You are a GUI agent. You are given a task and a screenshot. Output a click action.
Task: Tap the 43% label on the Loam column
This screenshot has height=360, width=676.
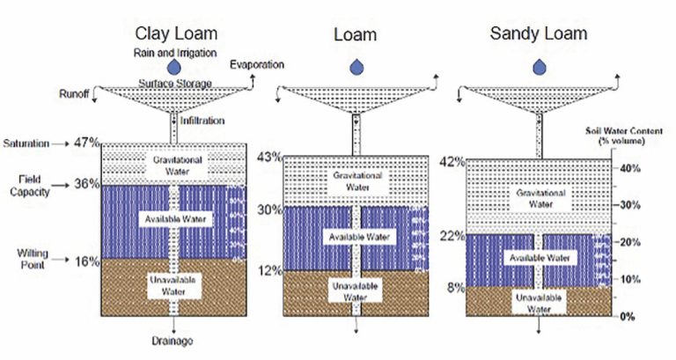(268, 157)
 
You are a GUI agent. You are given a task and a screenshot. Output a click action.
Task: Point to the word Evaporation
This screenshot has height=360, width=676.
(257, 66)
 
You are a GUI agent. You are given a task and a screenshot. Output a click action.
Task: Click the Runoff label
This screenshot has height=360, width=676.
(74, 92)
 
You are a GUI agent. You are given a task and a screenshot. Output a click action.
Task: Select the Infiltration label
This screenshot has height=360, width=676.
(202, 121)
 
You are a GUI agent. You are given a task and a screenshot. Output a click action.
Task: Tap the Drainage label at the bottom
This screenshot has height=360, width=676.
(179, 341)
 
